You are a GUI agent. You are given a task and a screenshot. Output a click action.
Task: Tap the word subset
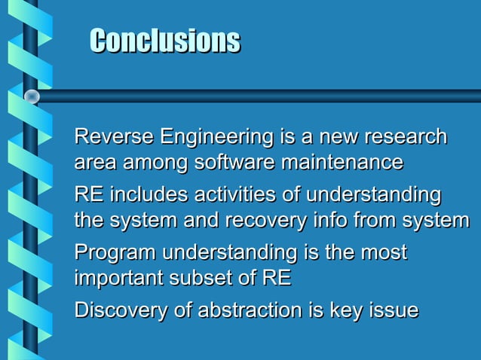(x=207, y=276)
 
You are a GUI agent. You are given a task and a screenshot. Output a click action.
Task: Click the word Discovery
(x=121, y=310)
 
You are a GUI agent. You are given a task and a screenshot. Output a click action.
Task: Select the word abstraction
(x=246, y=310)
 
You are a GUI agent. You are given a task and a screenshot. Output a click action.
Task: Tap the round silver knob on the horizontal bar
(x=32, y=96)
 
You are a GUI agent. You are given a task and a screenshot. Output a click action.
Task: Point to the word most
(x=382, y=252)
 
